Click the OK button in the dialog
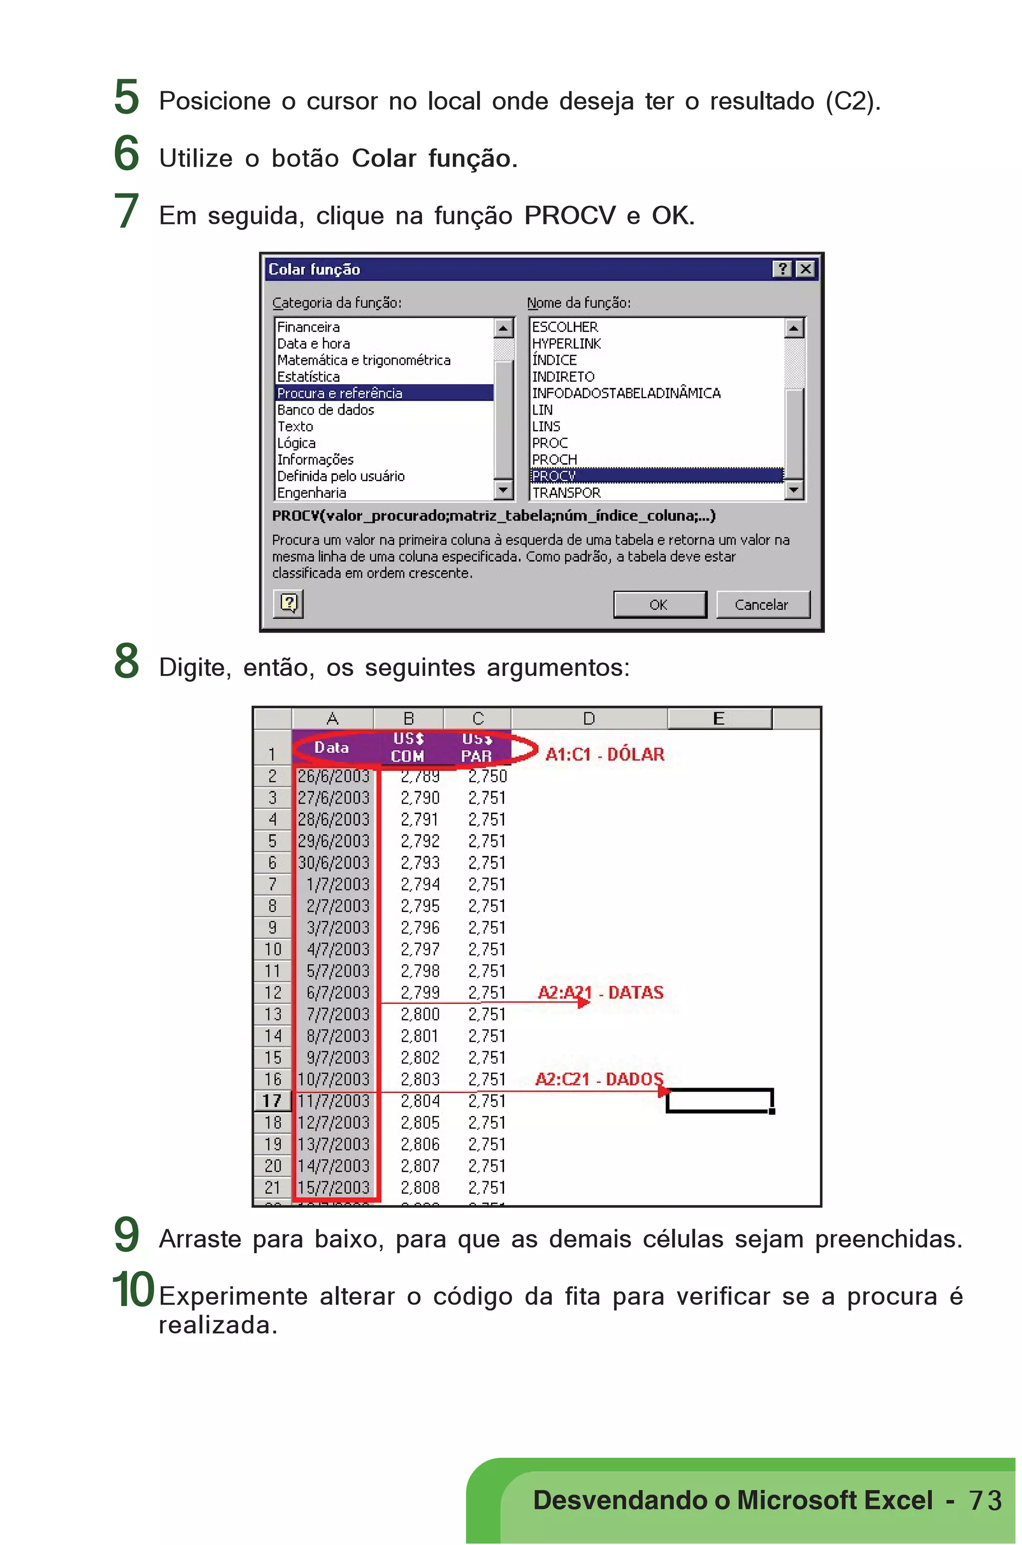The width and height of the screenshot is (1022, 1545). click(659, 604)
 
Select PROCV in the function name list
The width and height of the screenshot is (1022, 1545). click(554, 476)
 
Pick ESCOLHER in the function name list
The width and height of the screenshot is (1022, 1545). click(564, 326)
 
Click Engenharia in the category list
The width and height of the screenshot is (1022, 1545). click(311, 492)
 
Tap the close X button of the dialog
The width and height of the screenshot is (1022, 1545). click(805, 268)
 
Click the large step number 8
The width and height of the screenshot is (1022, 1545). click(126, 661)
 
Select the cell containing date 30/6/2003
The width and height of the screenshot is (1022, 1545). click(334, 862)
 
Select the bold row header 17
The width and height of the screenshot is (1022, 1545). click(272, 1101)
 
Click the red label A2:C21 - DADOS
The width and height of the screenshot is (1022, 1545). click(598, 1079)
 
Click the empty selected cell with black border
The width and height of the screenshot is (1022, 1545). click(719, 1101)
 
